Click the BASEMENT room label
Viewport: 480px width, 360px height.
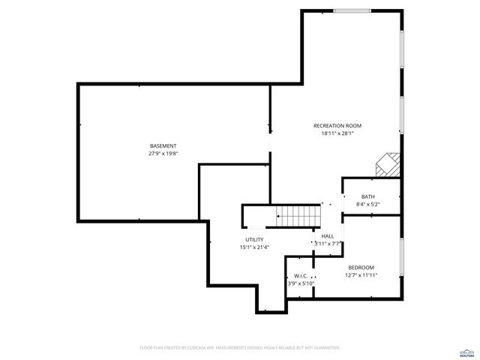[163, 145]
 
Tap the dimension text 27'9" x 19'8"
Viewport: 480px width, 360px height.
[163, 153]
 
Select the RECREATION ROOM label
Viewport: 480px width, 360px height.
[337, 125]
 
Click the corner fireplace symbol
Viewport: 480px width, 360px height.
[388, 163]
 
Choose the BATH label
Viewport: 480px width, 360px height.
[367, 196]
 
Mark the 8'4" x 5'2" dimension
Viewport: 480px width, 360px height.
[367, 204]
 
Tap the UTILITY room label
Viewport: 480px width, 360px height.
[253, 239]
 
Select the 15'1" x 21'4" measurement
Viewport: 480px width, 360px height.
[253, 247]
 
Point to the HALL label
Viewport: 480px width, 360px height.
[328, 235]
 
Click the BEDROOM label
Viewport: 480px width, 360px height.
[361, 268]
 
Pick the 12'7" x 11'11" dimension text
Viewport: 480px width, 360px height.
[361, 275]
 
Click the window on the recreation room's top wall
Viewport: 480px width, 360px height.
[352, 10]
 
